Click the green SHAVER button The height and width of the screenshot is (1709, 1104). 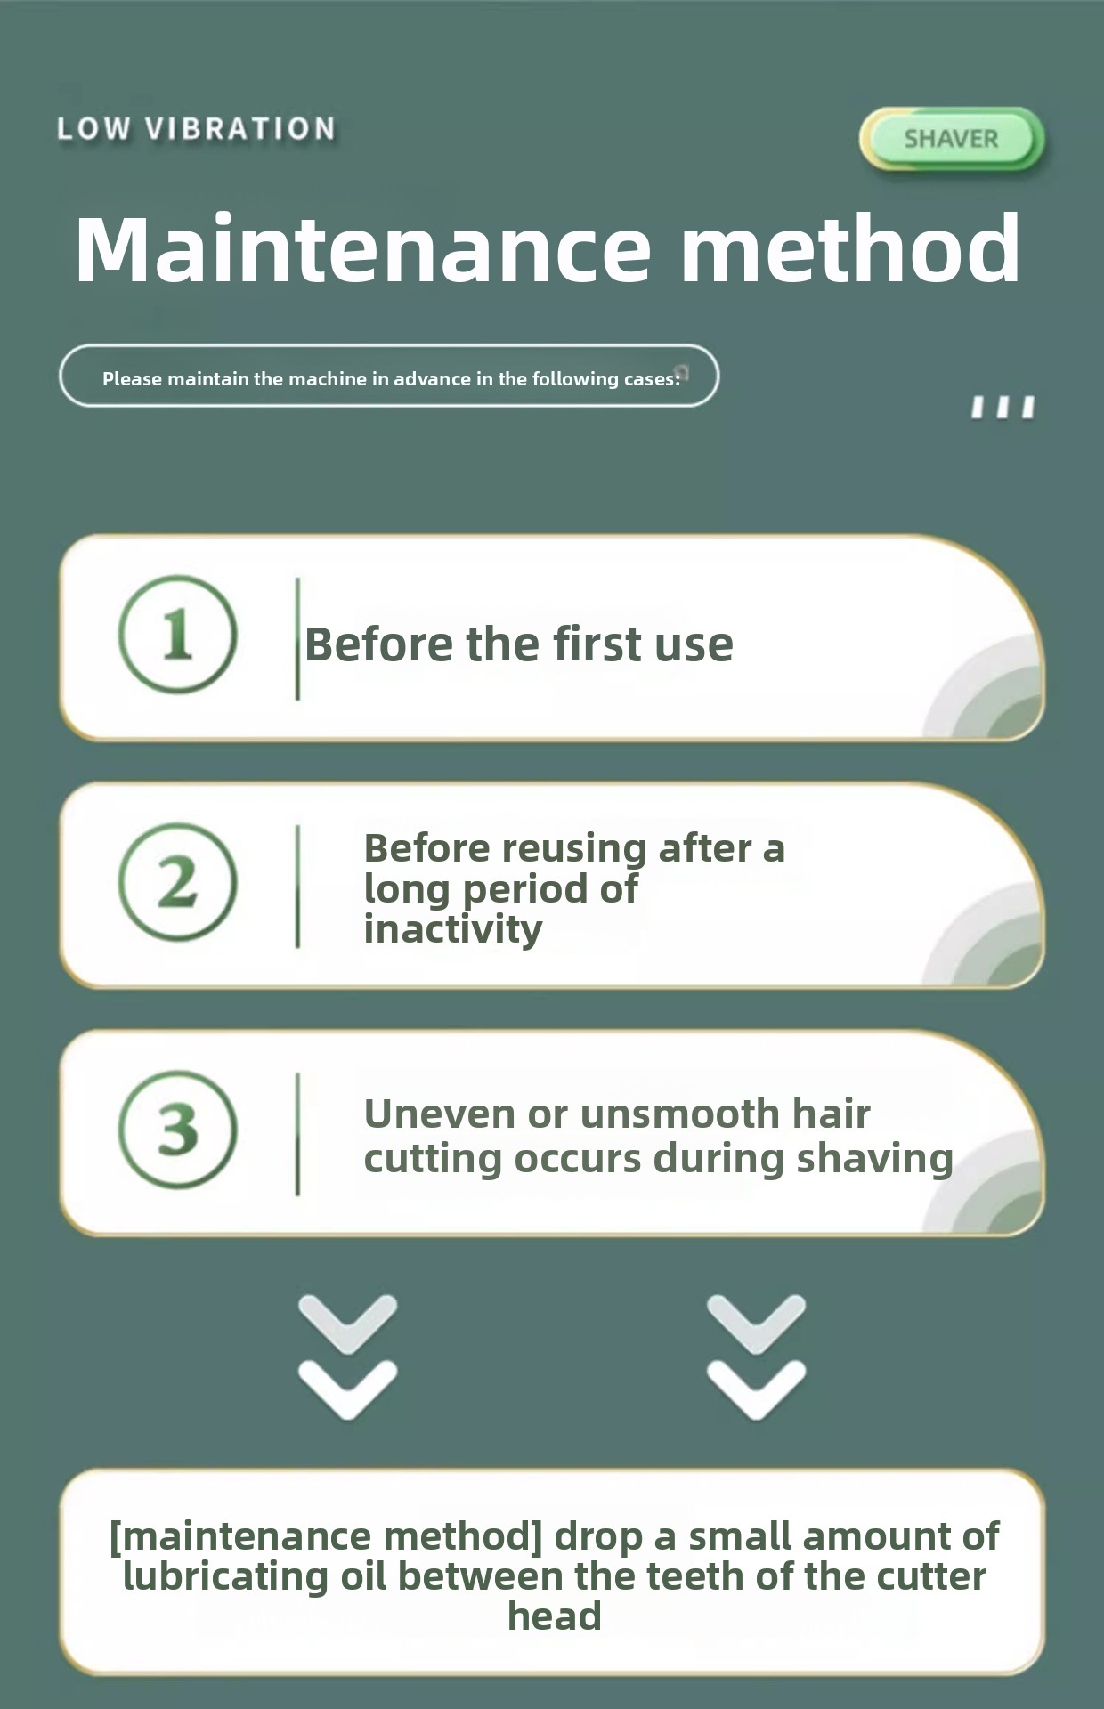pos(951,139)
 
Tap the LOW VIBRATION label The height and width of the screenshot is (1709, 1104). pos(197,129)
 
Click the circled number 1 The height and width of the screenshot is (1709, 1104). pos(178,635)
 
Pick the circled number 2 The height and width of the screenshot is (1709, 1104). pos(178,882)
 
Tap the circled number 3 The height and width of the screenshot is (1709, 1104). pos(178,1129)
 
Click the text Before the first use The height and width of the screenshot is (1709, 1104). pos(519,644)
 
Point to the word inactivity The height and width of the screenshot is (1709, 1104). pos(453,930)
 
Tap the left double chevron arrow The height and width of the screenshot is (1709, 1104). pos(348,1357)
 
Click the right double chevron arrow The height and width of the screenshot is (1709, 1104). pos(757,1357)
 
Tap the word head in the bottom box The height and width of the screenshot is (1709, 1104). pos(555,1616)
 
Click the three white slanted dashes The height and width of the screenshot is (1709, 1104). pos(1003,408)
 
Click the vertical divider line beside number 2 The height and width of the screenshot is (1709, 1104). pos(297,887)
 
